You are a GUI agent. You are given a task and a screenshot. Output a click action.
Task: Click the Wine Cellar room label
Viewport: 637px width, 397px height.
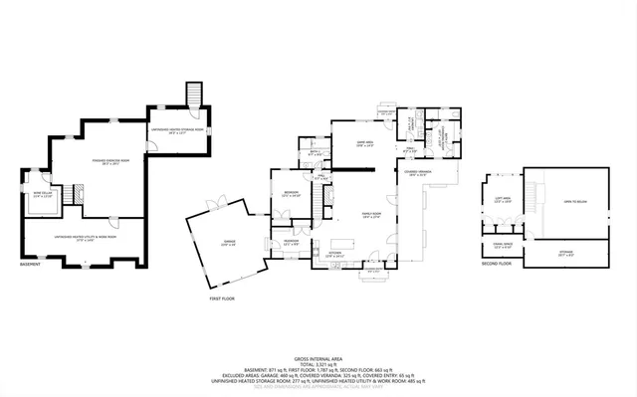click(x=42, y=195)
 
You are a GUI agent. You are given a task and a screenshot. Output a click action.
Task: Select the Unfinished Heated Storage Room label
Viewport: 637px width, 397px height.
click(x=177, y=130)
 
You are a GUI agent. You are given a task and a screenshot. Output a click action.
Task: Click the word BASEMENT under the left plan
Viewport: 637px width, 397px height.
click(x=31, y=265)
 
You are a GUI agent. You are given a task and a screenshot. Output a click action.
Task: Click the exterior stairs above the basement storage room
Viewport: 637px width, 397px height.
click(x=195, y=96)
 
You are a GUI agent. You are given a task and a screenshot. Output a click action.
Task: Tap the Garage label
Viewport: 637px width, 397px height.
click(x=229, y=245)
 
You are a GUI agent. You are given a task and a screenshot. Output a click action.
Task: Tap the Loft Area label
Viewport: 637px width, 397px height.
click(x=503, y=199)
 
